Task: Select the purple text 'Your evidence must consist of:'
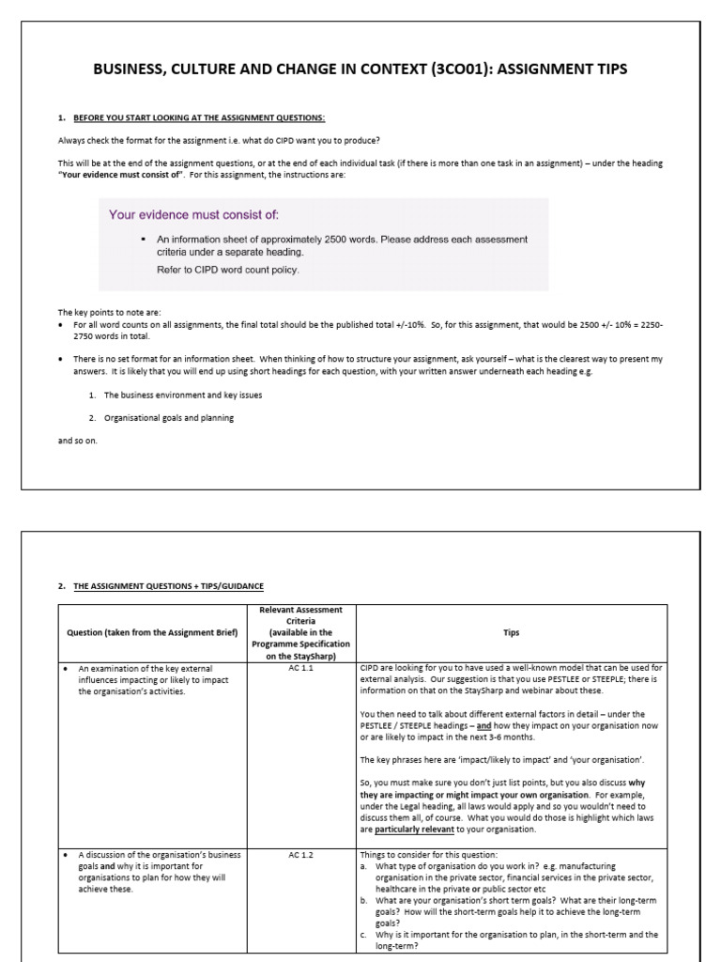pos(193,214)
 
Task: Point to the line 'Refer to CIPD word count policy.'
pos(227,269)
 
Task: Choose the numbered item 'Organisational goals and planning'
pos(169,418)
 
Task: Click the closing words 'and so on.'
pos(77,440)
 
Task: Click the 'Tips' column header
pos(511,632)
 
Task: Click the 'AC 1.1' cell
pos(300,669)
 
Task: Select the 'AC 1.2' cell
pos(300,855)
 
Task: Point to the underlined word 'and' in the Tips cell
pos(483,726)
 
